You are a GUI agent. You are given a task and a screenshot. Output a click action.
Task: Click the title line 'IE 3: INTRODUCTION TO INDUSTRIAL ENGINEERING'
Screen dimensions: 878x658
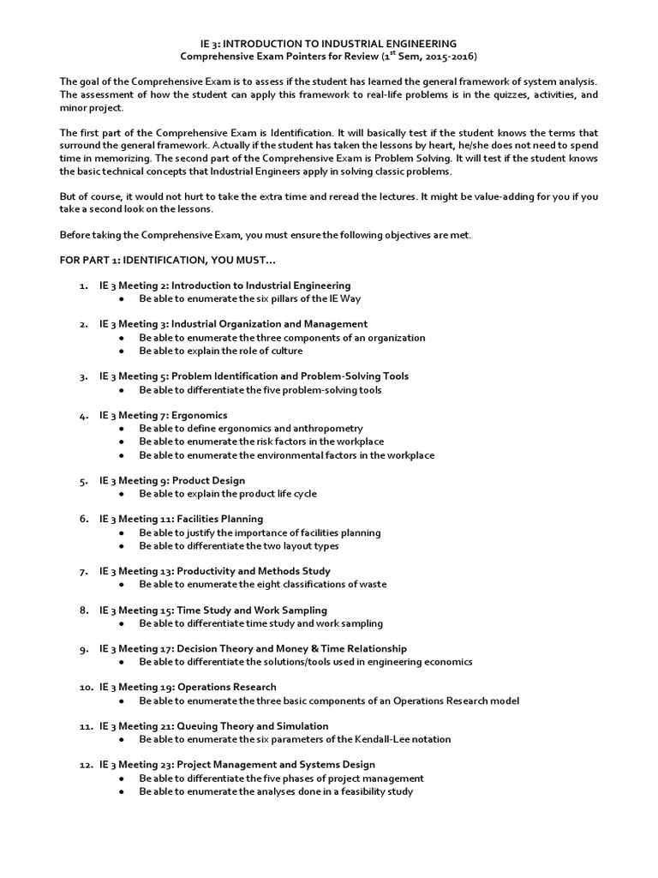(329, 43)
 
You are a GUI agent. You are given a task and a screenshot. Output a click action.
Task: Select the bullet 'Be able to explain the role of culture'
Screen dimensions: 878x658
(221, 351)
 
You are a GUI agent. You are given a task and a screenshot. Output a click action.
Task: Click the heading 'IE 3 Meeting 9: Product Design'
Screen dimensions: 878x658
(171, 481)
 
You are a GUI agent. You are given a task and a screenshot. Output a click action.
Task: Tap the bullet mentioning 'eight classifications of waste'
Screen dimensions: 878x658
(263, 584)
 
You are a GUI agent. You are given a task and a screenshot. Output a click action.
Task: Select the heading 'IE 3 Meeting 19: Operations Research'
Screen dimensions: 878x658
(188, 687)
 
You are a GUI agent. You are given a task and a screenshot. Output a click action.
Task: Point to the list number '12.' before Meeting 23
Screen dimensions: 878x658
(85, 765)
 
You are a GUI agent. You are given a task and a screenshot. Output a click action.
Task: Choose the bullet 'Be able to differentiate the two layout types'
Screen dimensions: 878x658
(239, 545)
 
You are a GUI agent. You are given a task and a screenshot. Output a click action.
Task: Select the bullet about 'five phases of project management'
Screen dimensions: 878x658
(282, 779)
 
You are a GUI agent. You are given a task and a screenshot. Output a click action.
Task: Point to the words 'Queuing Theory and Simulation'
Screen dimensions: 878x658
(244, 725)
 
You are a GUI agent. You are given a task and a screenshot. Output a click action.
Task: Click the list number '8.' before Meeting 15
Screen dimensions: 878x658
(83, 610)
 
